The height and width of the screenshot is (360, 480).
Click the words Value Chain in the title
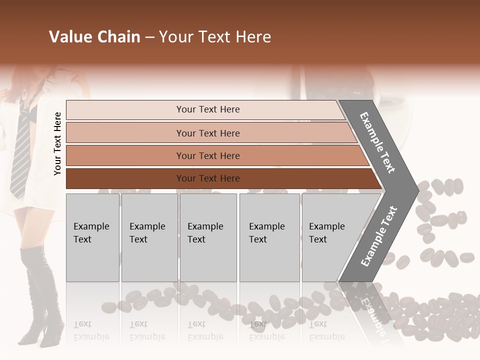coord(94,37)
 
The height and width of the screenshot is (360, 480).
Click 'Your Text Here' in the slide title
coord(215,37)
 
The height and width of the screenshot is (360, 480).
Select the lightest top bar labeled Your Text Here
coord(207,109)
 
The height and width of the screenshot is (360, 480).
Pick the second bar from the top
coord(207,133)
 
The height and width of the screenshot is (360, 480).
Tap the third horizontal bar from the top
coord(207,155)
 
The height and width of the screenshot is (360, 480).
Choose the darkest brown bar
coord(207,178)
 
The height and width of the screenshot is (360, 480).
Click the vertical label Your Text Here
coord(57,143)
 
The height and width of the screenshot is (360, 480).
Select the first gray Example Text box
coord(92,237)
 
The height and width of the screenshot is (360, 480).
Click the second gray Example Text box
coord(149,237)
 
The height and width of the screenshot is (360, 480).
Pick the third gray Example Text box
coord(207,237)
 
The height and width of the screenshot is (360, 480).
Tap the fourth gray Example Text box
coord(269,237)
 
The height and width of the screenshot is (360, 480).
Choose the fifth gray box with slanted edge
coord(330,237)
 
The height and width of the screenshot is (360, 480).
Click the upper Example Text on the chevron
coord(378,142)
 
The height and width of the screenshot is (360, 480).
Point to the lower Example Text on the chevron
coord(378,236)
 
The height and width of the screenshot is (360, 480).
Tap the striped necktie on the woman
coord(21,150)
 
